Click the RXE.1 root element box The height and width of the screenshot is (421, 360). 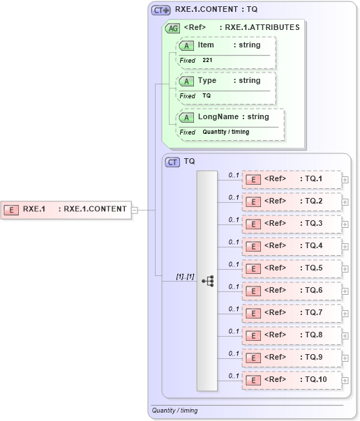(x=66, y=209)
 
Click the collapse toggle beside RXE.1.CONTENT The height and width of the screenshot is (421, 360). (x=135, y=209)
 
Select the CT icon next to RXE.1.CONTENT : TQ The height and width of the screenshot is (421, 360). (x=161, y=10)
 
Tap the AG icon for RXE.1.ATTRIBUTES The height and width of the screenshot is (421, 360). (x=172, y=28)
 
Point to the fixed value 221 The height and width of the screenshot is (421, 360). (x=207, y=61)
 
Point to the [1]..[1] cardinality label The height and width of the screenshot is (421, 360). (x=184, y=277)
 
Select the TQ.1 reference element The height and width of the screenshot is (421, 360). (x=291, y=179)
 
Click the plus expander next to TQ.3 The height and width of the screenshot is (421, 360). (x=345, y=224)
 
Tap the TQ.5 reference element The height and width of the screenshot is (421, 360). (x=291, y=268)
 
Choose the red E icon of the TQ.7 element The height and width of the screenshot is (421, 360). (x=254, y=313)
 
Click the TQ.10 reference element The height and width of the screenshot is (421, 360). (x=291, y=380)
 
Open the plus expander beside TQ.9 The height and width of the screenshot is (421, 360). (x=345, y=358)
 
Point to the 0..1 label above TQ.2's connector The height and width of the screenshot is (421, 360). (x=234, y=197)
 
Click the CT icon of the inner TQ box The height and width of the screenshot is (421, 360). (x=172, y=162)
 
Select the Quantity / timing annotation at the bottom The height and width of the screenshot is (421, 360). (x=175, y=411)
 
